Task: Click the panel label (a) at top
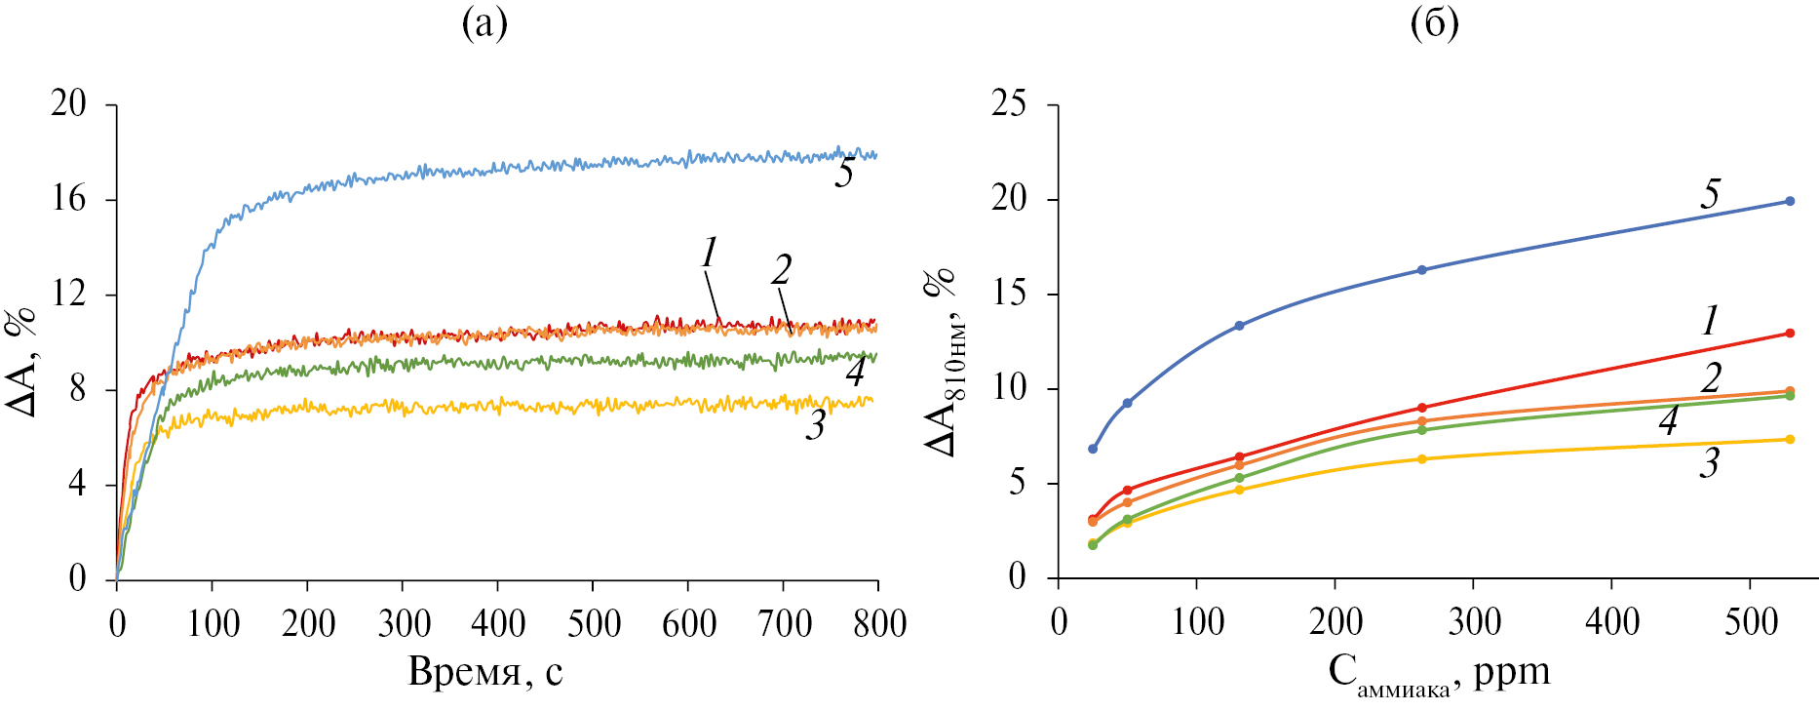pyautogui.click(x=484, y=23)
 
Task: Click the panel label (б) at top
pyautogui.click(x=1434, y=23)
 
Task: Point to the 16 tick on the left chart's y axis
pyautogui.click(x=70, y=199)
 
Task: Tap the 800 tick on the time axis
pyautogui.click(x=879, y=623)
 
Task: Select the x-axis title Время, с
pyautogui.click(x=485, y=672)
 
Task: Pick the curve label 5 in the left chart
pyautogui.click(x=844, y=173)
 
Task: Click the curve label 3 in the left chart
pyautogui.click(x=816, y=424)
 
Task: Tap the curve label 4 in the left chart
pyautogui.click(x=855, y=372)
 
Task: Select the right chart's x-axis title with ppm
pyautogui.click(x=1439, y=673)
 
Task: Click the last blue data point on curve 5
pyautogui.click(x=1790, y=201)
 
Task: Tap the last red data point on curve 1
pyautogui.click(x=1790, y=334)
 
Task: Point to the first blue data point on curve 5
pyautogui.click(x=1093, y=449)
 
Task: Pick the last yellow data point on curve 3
pyautogui.click(x=1790, y=439)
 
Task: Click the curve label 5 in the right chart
pyautogui.click(x=1710, y=194)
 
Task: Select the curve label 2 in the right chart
pyautogui.click(x=1710, y=377)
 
